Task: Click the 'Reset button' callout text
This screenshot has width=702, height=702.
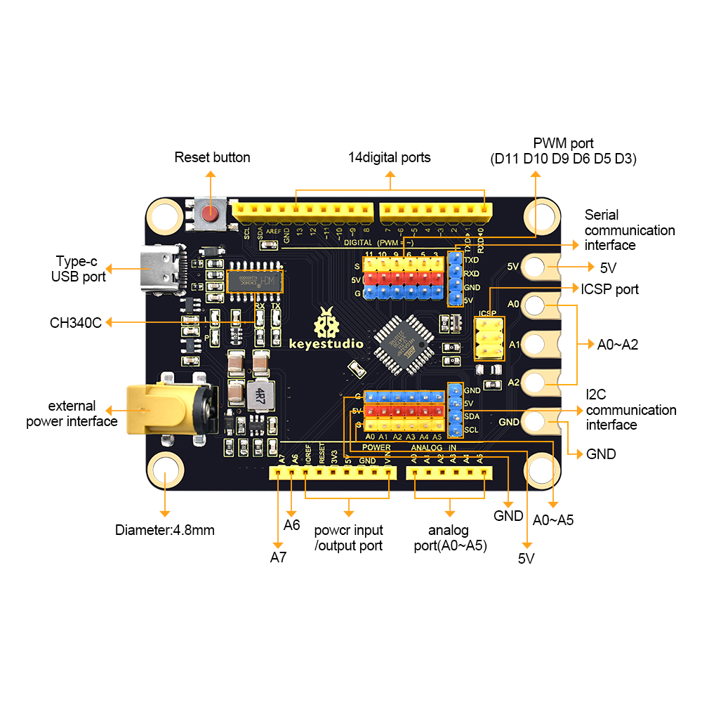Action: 212,157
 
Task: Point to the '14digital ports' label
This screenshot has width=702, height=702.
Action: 390,157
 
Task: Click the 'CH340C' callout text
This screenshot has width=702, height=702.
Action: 76,323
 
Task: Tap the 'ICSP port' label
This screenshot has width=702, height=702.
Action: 609,289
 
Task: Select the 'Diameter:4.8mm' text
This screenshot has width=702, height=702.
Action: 165,530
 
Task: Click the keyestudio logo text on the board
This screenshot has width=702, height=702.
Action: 326,343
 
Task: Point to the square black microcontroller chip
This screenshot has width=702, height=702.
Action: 402,342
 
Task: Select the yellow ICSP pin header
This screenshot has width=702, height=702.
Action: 489,338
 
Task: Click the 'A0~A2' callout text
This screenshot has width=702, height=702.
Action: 618,345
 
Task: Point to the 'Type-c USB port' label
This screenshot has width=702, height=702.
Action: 78,269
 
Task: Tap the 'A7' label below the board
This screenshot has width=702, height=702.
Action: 279,557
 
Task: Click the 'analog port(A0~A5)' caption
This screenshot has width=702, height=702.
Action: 449,538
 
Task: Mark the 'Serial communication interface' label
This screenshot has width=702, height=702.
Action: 629,230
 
